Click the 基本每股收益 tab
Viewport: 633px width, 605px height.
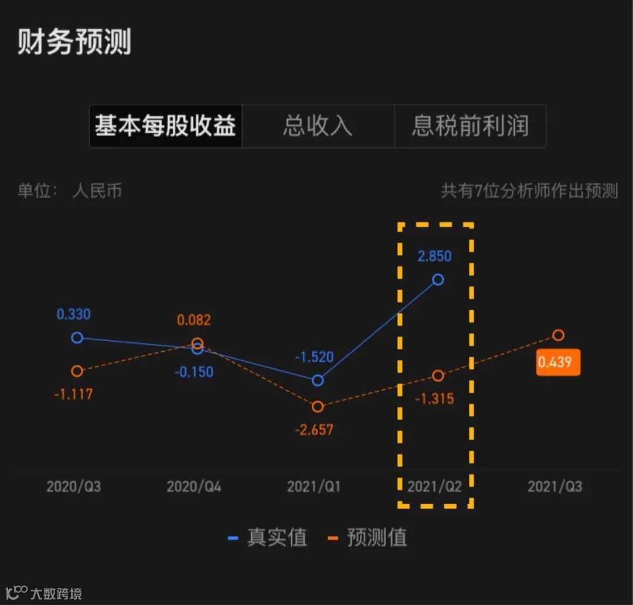(165, 126)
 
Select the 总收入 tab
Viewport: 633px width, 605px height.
(318, 126)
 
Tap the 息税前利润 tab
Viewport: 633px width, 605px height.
(470, 126)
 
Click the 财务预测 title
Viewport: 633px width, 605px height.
(74, 42)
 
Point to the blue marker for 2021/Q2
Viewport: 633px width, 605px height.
(437, 280)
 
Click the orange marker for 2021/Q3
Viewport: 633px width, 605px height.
(558, 335)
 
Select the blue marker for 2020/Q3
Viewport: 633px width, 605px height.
(77, 337)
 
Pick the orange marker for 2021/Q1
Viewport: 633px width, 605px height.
(318, 406)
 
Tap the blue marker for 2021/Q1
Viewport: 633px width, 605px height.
(318, 380)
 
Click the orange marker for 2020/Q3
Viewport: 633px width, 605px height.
(77, 371)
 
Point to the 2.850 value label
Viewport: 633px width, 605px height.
(434, 256)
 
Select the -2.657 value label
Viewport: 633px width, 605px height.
(314, 430)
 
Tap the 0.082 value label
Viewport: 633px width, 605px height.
(193, 320)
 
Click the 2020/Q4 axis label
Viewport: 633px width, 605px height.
(194, 487)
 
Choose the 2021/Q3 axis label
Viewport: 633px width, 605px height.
(554, 487)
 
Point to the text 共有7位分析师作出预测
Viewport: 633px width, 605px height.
(529, 191)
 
